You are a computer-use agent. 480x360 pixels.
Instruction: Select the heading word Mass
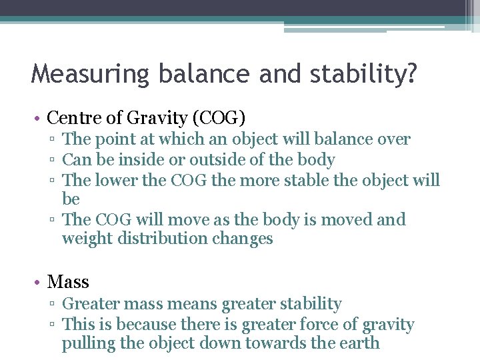point(68,282)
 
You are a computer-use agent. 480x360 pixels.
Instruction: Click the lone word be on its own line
point(71,199)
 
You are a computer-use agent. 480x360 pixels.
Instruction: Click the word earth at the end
point(360,344)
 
